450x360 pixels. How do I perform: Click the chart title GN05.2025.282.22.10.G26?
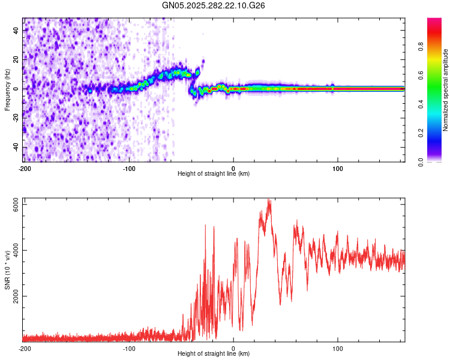pyautogui.click(x=214, y=5)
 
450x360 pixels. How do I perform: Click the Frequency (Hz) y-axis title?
pyautogui.click(x=7, y=89)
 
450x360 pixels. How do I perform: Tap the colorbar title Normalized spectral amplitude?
pyautogui.click(x=445, y=90)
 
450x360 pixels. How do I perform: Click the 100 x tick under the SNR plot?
pyautogui.click(x=338, y=348)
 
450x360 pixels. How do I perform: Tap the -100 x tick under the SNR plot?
pyautogui.click(x=129, y=348)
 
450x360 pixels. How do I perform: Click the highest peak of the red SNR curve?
pyautogui.click(x=269, y=200)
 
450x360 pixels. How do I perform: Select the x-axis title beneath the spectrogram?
pyautogui.click(x=214, y=174)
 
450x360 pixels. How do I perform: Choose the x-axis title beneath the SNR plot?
pyautogui.click(x=214, y=355)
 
